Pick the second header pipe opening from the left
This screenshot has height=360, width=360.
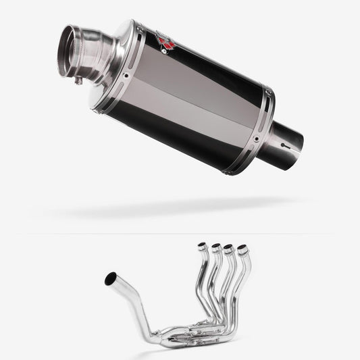(216, 247)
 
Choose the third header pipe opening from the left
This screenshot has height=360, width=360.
(230, 249)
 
